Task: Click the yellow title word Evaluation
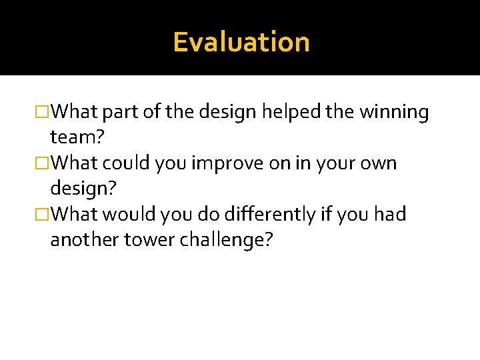tap(241, 42)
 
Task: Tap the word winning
tap(394, 113)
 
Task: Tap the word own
tap(378, 163)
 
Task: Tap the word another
tap(84, 239)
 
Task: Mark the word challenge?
tap(226, 239)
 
